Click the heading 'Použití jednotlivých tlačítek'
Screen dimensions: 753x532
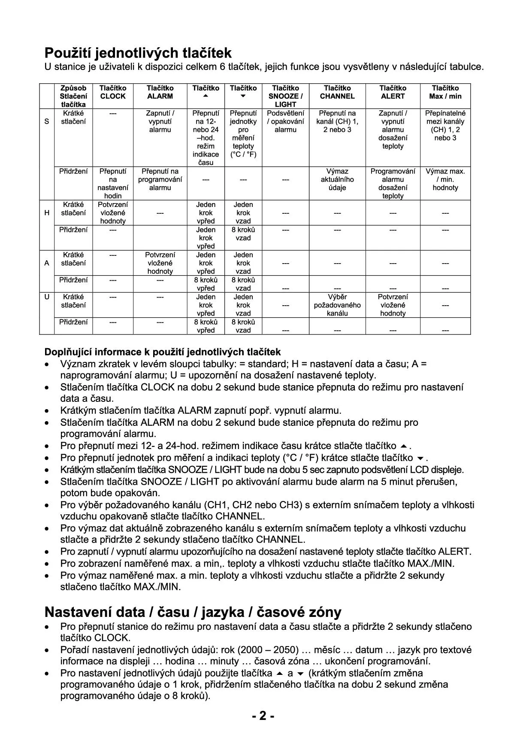point(138,53)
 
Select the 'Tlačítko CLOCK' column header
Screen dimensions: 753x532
point(113,92)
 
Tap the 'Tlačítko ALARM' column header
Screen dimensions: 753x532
point(160,92)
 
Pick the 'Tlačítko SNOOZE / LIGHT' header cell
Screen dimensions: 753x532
point(285,96)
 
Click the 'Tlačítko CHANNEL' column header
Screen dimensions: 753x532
point(337,92)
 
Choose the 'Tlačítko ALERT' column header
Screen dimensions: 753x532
point(393,92)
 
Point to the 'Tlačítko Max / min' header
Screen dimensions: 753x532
point(445,92)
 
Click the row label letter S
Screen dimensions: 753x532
point(47,121)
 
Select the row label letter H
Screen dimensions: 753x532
point(47,213)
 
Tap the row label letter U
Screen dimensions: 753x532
point(47,297)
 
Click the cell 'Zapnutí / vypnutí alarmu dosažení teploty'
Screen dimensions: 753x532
point(393,130)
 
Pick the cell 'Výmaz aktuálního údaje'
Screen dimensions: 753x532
point(337,179)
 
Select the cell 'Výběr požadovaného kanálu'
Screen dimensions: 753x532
point(337,305)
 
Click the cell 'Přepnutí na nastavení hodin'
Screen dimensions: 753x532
point(113,183)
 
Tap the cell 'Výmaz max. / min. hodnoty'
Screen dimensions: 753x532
point(445,179)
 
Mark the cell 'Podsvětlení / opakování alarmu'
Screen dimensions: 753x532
point(285,121)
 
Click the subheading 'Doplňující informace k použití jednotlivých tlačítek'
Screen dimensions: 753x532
point(163,352)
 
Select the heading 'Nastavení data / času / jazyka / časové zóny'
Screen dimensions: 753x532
point(193,612)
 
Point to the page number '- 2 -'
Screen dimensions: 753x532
point(263,716)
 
